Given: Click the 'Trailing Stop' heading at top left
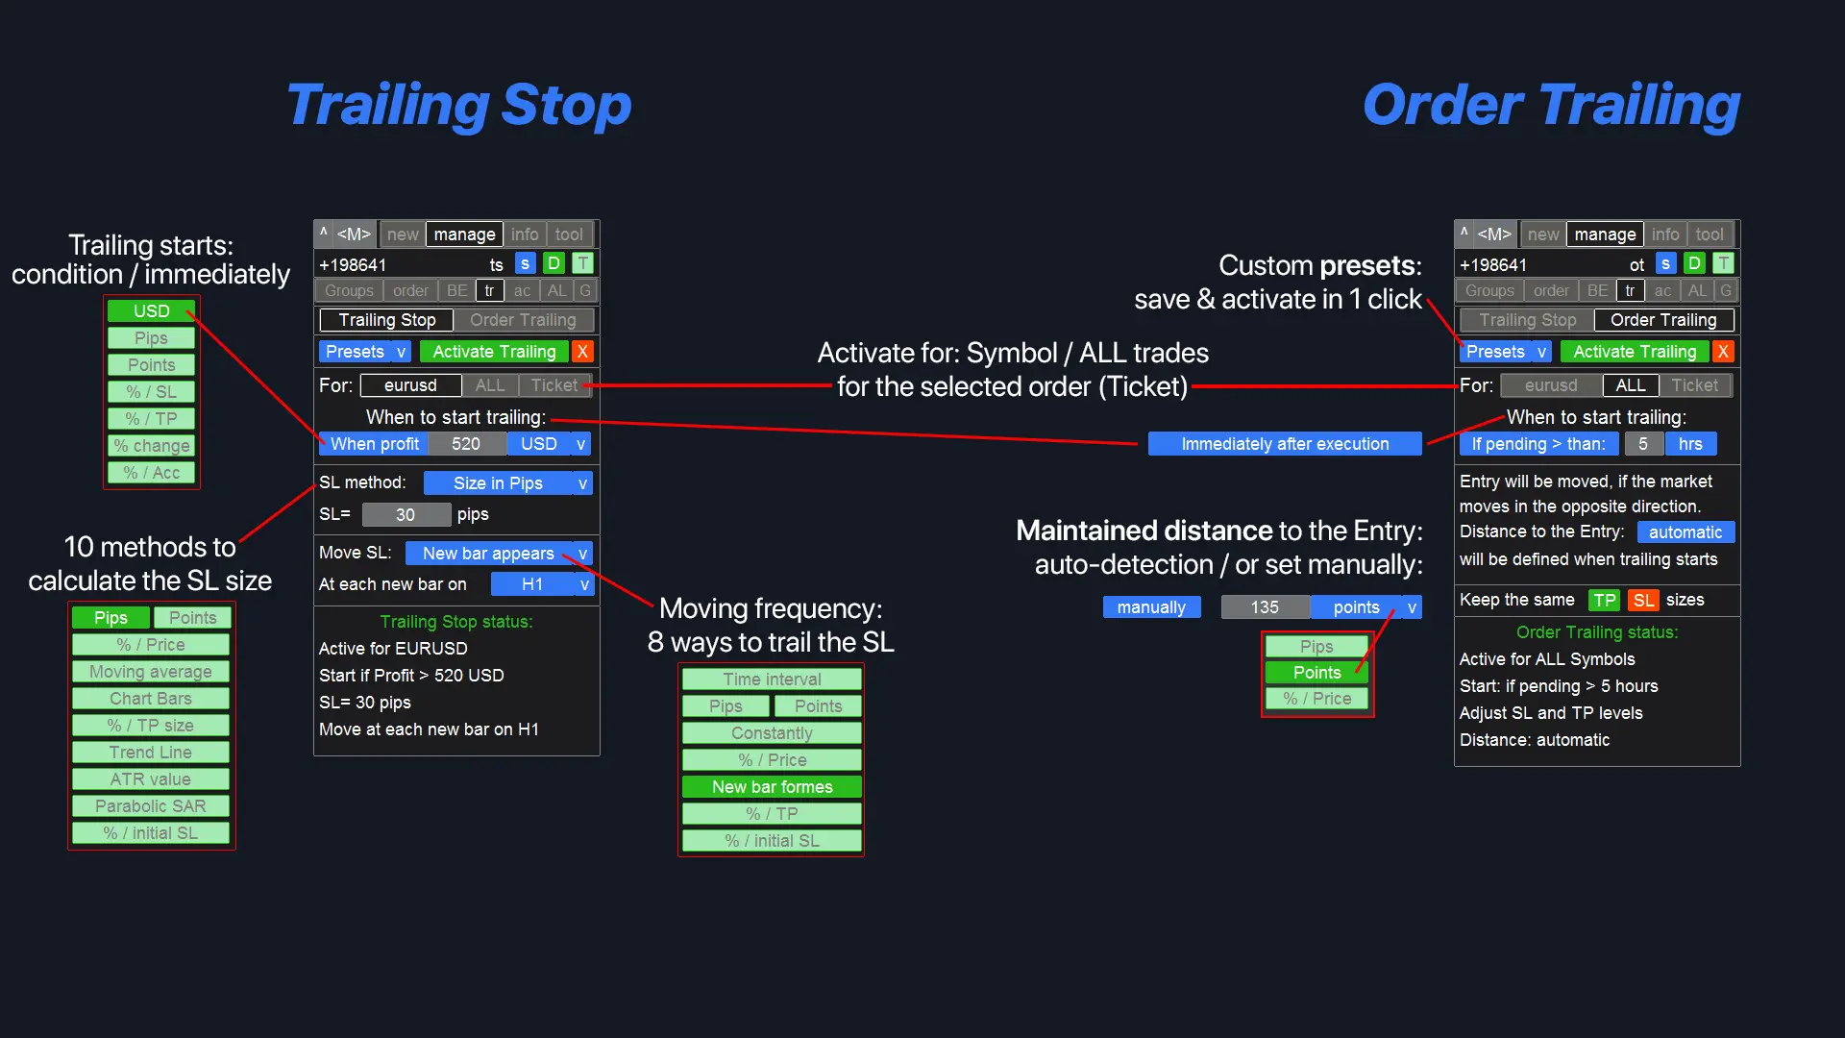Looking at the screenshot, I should tap(458, 105).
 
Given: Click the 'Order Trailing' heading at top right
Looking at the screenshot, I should tap(1550, 105).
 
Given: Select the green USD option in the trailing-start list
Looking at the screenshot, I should tap(152, 310).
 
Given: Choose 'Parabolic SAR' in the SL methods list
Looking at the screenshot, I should tap(151, 805).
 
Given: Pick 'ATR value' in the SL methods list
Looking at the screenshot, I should tap(151, 778).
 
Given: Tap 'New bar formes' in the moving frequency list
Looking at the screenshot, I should tap(772, 786).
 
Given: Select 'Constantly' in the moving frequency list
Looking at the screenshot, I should tap(772, 732).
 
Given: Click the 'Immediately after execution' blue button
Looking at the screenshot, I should tap(1285, 443).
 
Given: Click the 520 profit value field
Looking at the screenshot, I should tap(466, 443).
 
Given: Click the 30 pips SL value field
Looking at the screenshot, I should tap(406, 514).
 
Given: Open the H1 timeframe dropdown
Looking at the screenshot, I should tap(542, 583).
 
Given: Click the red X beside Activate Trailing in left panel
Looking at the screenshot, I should tap(582, 351).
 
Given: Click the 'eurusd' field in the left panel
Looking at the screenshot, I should tap(410, 385).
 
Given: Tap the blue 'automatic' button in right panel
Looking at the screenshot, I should tap(1685, 531).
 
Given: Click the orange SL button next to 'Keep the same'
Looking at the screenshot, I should tap(1643, 600).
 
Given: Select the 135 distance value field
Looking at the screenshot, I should tap(1265, 606).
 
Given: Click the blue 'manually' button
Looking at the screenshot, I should tap(1151, 606).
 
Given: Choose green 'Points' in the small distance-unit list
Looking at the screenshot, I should tap(1316, 672).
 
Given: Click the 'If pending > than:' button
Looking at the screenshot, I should tap(1537, 443).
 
